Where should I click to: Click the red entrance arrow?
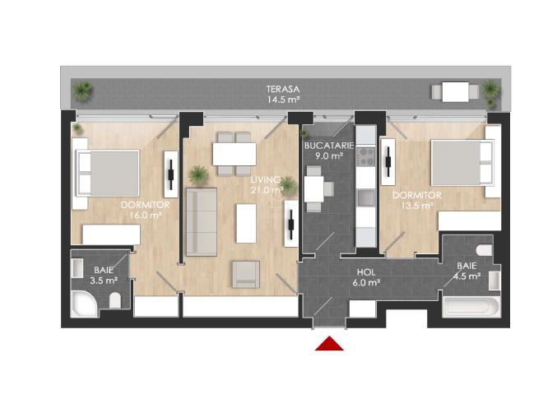[x=329, y=343]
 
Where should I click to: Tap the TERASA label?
[x=281, y=89]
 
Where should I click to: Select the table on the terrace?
[x=454, y=91]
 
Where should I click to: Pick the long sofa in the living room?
[x=201, y=221]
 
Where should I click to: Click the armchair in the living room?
[x=245, y=274]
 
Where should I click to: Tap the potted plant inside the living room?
[x=197, y=174]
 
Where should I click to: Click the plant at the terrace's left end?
[x=82, y=91]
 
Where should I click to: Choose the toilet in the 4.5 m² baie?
[x=485, y=248]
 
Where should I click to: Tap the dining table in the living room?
[x=234, y=154]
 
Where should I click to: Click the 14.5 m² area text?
[x=281, y=100]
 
